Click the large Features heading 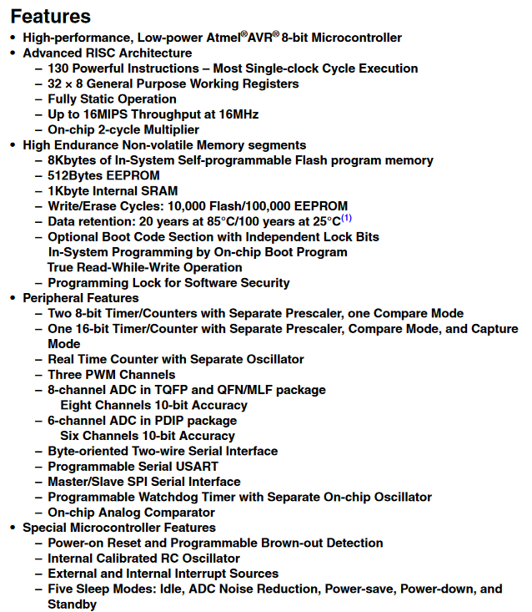[x=51, y=16]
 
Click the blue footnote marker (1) [x=346, y=219]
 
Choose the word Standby [x=72, y=604]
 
